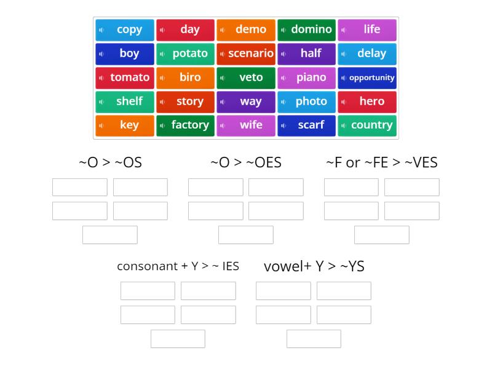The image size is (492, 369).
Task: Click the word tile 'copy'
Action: pos(125,30)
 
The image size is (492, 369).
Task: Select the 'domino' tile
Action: pos(307,30)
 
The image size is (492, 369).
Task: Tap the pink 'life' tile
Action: pos(367,30)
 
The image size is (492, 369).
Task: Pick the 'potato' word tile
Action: pos(186,54)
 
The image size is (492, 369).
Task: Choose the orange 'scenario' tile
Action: pos(246,54)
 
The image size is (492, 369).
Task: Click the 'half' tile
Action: pos(307,54)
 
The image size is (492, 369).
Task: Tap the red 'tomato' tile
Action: pos(125,77)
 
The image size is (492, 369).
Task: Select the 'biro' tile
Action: pos(186,77)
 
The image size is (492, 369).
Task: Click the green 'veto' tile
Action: pos(246,77)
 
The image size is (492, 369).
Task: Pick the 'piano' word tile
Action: pos(307,77)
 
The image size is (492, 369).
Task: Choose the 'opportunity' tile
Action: pos(367,77)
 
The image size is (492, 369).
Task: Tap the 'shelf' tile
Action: pos(125,101)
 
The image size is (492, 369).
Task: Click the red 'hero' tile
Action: pos(367,101)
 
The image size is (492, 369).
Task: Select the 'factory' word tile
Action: pos(186,125)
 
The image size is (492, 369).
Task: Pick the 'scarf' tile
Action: pos(307,125)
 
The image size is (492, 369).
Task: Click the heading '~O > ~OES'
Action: pos(246,163)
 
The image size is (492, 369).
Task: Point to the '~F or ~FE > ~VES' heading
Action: pos(381,163)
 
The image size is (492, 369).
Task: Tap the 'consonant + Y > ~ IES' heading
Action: pos(178,266)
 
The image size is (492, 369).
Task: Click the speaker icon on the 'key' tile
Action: pos(102,125)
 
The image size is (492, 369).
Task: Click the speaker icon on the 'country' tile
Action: pos(344,125)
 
